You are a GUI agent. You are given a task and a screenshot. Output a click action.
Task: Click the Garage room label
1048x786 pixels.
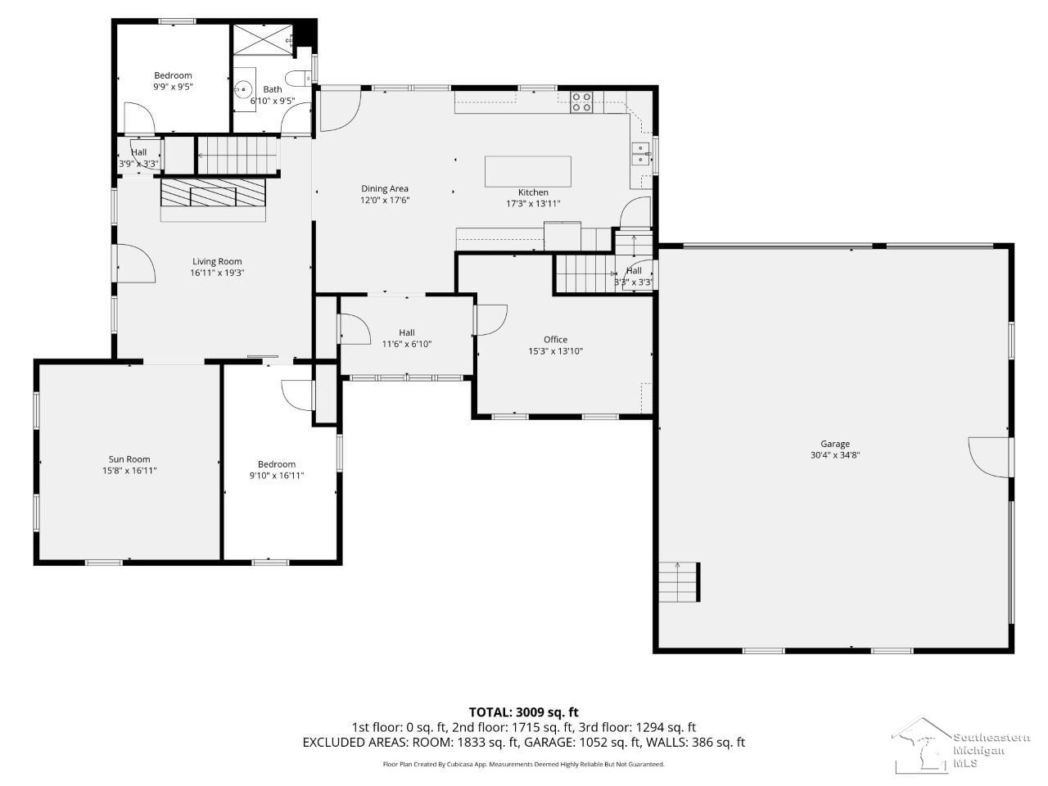pyautogui.click(x=834, y=443)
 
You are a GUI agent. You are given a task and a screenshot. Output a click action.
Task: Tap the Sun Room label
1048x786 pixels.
pyautogui.click(x=129, y=459)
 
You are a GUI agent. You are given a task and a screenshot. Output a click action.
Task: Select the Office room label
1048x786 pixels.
pyautogui.click(x=555, y=339)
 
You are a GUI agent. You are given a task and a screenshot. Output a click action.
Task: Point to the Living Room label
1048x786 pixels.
pyautogui.click(x=217, y=261)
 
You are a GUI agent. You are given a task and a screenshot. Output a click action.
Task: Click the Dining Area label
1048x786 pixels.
pyautogui.click(x=384, y=188)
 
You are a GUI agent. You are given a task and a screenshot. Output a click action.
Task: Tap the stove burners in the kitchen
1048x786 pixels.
pyautogui.click(x=582, y=102)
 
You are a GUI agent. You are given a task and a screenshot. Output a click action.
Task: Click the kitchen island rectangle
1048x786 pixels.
pyautogui.click(x=527, y=171)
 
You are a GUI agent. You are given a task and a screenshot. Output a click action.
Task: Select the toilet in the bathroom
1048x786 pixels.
pyautogui.click(x=299, y=79)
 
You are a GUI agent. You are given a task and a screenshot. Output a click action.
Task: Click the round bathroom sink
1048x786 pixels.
pyautogui.click(x=244, y=89)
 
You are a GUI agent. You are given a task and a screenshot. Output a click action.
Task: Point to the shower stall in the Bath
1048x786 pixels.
pyautogui.click(x=263, y=39)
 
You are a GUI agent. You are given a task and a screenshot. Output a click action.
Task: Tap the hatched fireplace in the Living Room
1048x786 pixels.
pyautogui.click(x=212, y=192)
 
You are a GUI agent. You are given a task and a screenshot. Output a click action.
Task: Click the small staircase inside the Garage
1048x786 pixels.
pyautogui.click(x=679, y=582)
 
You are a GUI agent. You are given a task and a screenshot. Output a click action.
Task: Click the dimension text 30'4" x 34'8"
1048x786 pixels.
pyautogui.click(x=834, y=454)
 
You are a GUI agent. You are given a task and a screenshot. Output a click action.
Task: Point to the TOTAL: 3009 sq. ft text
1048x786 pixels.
pyautogui.click(x=524, y=712)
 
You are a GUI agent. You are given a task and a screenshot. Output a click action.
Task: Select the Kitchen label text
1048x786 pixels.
pyautogui.click(x=533, y=192)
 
